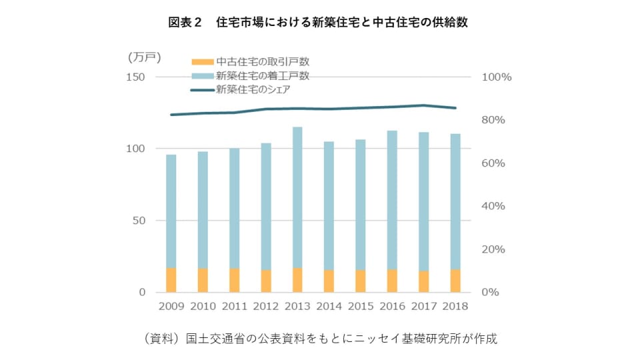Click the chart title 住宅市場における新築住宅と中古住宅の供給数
[319, 22]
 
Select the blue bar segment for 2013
[297, 197]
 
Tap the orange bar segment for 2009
[171, 280]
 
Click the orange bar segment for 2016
[392, 281]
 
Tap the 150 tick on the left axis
[136, 77]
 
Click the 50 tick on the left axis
[139, 220]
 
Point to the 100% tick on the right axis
[496, 77]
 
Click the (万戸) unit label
[144, 57]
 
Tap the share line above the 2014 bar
[329, 109]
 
